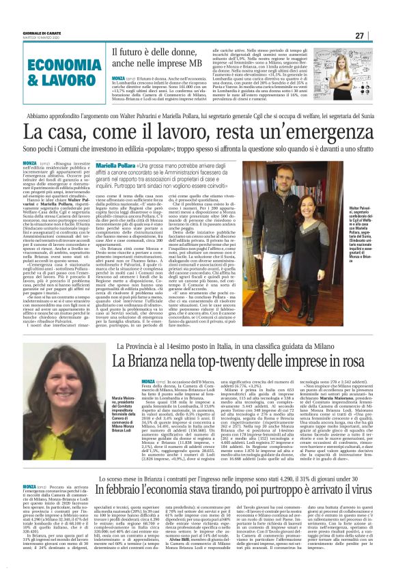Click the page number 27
[x=378, y=36]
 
